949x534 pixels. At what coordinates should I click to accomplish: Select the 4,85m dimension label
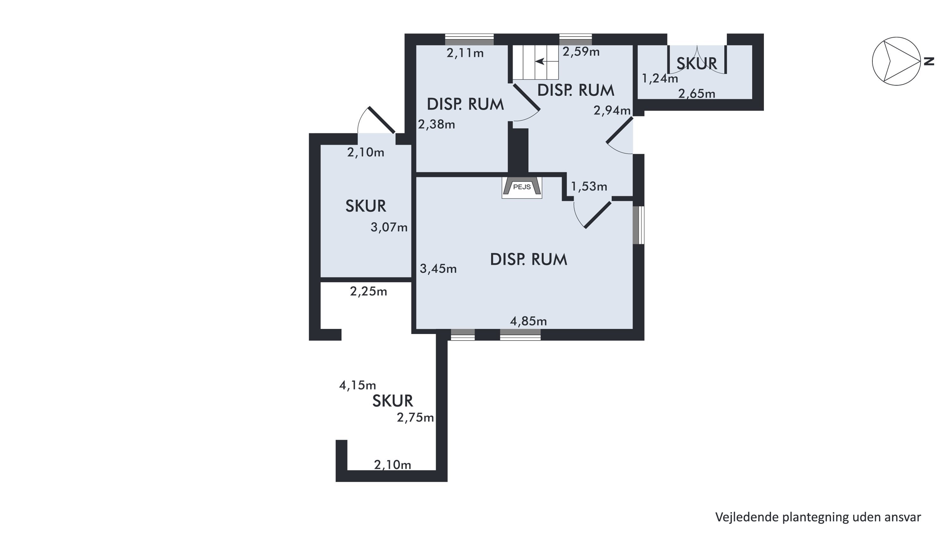pos(528,321)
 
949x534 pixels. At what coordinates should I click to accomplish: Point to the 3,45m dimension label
pos(438,269)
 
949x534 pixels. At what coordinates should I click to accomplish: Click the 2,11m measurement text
pos(465,53)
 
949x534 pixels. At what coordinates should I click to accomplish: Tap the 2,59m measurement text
pos(581,52)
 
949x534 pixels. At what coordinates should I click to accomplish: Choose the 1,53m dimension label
pos(589,186)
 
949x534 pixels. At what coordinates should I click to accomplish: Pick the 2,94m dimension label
pos(612,110)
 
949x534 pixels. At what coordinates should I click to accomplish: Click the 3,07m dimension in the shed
pos(389,227)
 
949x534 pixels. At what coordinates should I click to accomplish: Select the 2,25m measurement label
pos(369,292)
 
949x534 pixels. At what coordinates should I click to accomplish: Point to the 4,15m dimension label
pos(357,386)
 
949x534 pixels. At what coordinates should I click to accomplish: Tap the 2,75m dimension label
pos(415,418)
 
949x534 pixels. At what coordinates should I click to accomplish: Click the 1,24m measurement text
pos(660,78)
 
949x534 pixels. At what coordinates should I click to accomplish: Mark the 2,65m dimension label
pos(697,94)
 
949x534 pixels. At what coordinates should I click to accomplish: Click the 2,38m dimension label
pos(437,125)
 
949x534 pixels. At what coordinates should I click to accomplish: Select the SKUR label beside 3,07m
pos(365,206)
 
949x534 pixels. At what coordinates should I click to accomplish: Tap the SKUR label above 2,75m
pos(392,401)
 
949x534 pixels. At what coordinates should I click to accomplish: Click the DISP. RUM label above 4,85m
pos(528,260)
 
